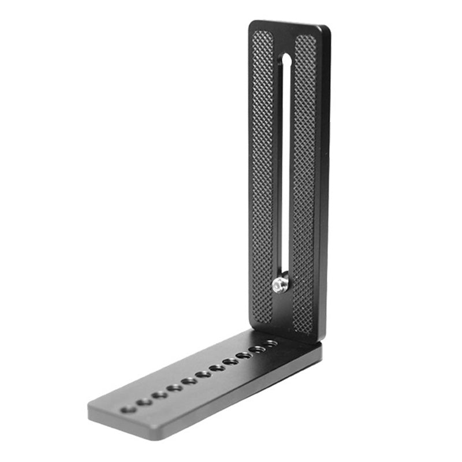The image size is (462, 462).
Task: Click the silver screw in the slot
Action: point(281,284)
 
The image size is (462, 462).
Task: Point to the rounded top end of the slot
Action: point(286,59)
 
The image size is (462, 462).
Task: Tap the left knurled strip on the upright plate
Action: point(263,173)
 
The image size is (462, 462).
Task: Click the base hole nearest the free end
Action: point(128,409)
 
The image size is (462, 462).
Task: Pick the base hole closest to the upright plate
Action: point(270,343)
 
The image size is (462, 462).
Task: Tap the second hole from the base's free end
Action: point(145,402)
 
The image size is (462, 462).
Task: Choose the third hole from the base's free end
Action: point(160,395)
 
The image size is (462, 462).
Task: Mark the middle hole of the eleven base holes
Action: point(203,374)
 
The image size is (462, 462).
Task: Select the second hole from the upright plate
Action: point(257,349)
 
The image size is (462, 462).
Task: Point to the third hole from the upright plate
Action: point(244,355)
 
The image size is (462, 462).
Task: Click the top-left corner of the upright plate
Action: point(252,23)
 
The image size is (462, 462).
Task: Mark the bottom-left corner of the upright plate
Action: point(251,329)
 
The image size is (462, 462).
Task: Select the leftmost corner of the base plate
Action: point(89,408)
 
